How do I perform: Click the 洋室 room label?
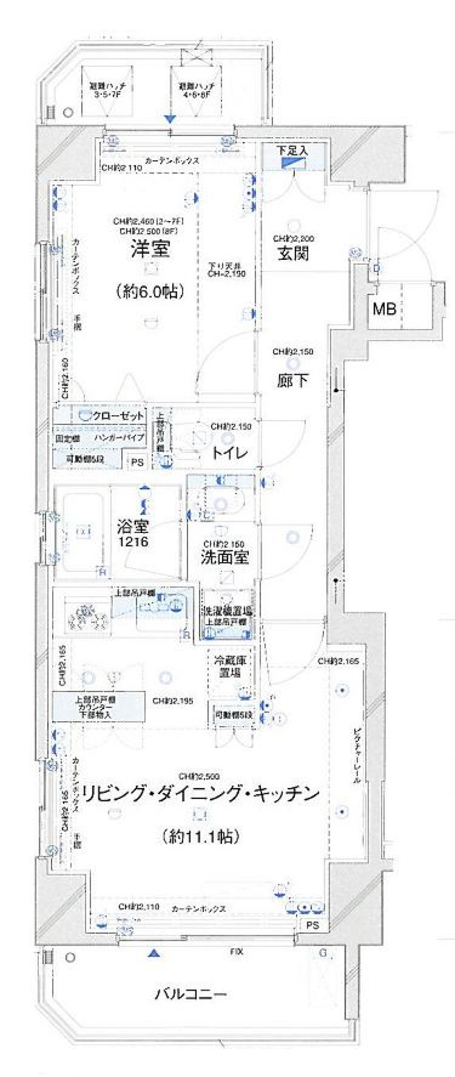click(x=150, y=249)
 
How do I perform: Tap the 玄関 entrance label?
click(x=293, y=253)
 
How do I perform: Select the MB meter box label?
click(x=384, y=309)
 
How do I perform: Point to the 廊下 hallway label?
click(x=292, y=380)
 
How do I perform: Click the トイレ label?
click(x=229, y=452)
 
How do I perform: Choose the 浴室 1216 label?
click(x=133, y=534)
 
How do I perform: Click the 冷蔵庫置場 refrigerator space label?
click(x=229, y=666)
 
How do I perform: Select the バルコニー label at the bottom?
click(x=191, y=994)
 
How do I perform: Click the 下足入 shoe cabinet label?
click(x=292, y=151)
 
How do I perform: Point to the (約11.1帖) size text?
click(x=200, y=837)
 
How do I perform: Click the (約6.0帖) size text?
click(x=150, y=291)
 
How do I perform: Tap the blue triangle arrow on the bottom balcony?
click(x=153, y=953)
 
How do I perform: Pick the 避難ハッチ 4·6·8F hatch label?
click(x=196, y=90)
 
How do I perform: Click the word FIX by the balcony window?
click(x=237, y=951)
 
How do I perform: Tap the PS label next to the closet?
click(x=137, y=461)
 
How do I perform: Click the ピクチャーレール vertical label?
click(x=357, y=755)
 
